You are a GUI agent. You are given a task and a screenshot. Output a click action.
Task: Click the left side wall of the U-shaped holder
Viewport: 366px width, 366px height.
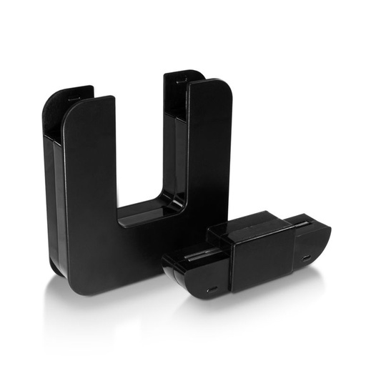[53, 200]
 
